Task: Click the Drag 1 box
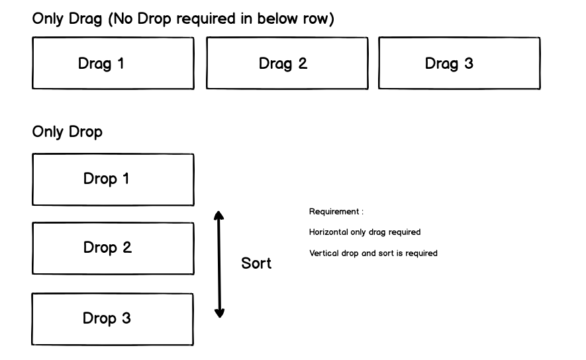point(113,64)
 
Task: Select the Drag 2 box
point(287,64)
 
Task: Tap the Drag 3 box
point(459,64)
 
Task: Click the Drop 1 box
point(113,179)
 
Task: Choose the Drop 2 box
point(113,248)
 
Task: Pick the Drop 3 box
point(113,319)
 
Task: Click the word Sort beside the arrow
point(256,264)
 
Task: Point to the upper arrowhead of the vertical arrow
point(220,215)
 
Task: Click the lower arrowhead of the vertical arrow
point(220,312)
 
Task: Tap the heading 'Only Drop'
point(68,132)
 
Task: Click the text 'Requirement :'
point(336,212)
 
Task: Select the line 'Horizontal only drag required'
point(365,233)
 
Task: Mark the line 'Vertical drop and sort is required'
point(373,253)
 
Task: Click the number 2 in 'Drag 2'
point(303,64)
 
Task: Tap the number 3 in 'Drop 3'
point(126,318)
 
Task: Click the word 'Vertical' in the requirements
point(322,253)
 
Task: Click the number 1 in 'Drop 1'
point(125,179)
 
